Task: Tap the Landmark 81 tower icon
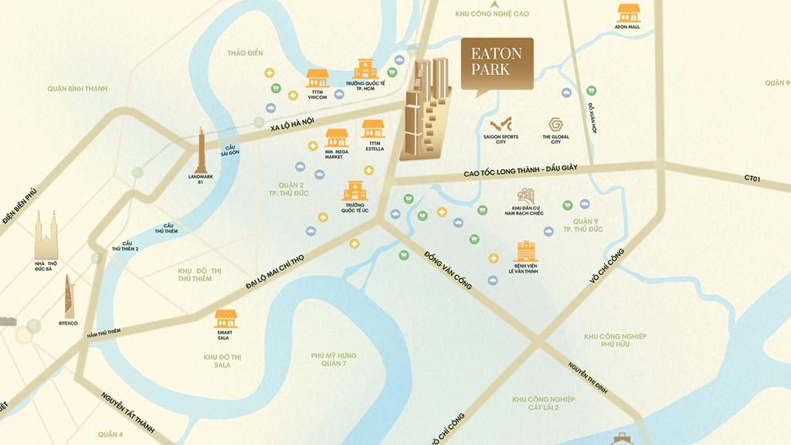click(201, 150)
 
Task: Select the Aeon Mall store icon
click(627, 13)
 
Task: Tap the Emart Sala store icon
click(226, 318)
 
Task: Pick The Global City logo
click(555, 126)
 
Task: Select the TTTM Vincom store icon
click(317, 78)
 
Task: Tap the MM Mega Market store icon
click(336, 138)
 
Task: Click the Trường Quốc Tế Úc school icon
click(355, 191)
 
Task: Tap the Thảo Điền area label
click(246, 53)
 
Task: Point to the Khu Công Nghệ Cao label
click(503, 14)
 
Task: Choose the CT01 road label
click(753, 179)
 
